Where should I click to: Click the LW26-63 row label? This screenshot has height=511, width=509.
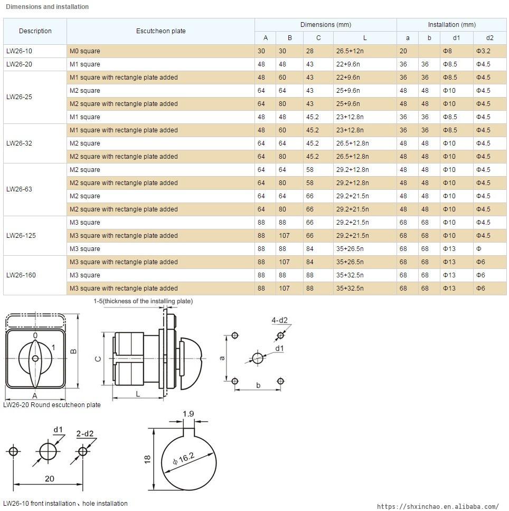[x=19, y=189]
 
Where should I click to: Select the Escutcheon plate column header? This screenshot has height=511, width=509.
[x=161, y=31]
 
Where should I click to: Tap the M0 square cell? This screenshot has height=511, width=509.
[x=84, y=51]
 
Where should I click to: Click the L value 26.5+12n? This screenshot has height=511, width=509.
[x=350, y=51]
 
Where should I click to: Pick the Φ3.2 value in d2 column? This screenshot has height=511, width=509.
[x=484, y=51]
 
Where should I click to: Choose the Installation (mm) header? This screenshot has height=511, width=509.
[x=451, y=25]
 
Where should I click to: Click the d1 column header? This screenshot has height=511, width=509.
[x=456, y=38]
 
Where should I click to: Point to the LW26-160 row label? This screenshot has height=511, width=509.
[x=21, y=275]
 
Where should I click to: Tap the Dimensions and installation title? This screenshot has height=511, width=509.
[x=47, y=7]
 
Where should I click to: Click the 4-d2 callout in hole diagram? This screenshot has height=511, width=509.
[x=279, y=321]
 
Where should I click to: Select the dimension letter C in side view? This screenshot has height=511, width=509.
[x=98, y=359]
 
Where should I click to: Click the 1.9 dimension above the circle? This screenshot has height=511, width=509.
[x=188, y=414]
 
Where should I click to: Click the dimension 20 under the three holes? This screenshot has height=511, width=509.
[x=49, y=479]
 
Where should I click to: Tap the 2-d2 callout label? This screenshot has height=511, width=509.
[x=84, y=434]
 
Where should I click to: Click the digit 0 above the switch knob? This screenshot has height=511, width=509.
[x=35, y=335]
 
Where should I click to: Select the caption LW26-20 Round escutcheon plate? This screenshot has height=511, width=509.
[x=52, y=405]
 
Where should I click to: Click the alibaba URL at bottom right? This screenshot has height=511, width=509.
[x=438, y=506]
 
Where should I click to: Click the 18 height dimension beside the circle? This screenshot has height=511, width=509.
[x=147, y=459]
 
